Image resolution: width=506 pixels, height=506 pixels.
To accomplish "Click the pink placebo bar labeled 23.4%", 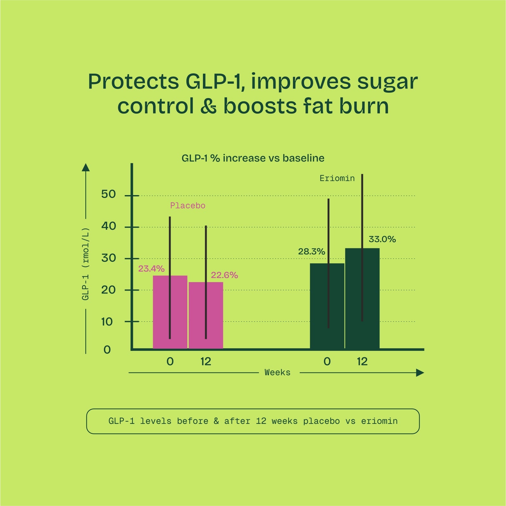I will pyautogui.click(x=161, y=312).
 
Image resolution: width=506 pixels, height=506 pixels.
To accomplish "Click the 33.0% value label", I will pyautogui.click(x=382, y=239).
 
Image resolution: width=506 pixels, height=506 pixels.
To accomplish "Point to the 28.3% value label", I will pyautogui.click(x=311, y=252).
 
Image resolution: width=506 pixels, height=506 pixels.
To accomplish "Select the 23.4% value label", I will pyautogui.click(x=151, y=269).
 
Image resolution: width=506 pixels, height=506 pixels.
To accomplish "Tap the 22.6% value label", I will pyautogui.click(x=224, y=275).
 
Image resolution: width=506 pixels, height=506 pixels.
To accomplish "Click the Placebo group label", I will pyautogui.click(x=188, y=206).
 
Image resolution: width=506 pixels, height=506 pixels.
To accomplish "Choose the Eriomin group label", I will pyautogui.click(x=337, y=178).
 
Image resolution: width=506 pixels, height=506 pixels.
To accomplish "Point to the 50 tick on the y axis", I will pyautogui.click(x=108, y=194).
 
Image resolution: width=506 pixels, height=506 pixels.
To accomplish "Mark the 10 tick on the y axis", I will pyautogui.click(x=107, y=322).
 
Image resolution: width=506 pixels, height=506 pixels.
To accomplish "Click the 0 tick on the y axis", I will pyautogui.click(x=107, y=350).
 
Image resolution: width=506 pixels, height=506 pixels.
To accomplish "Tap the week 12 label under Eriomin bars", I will pyautogui.click(x=362, y=361).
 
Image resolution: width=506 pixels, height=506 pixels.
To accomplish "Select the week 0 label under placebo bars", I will pyautogui.click(x=170, y=361).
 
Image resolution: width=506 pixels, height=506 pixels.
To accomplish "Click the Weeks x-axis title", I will pyautogui.click(x=277, y=372).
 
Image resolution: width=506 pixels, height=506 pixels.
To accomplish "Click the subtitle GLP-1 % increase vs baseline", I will pyautogui.click(x=253, y=158).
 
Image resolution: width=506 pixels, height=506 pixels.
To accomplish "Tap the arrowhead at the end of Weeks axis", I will pyautogui.click(x=420, y=372).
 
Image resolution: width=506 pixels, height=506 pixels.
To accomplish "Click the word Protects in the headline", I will pyautogui.click(x=133, y=82).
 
